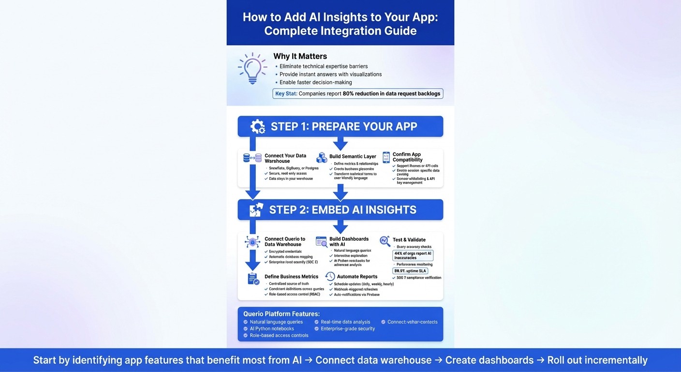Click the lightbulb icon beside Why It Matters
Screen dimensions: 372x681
[252, 68]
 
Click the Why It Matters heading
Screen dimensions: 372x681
[300, 56]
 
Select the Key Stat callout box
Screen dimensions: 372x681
[358, 93]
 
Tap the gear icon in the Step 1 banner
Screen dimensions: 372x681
[258, 127]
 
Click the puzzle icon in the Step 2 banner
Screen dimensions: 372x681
[256, 210]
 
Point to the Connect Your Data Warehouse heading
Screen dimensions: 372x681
[285, 158]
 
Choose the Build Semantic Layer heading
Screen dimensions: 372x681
[352, 156]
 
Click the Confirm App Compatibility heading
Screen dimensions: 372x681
[407, 157]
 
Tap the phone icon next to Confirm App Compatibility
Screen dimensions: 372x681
[386, 157]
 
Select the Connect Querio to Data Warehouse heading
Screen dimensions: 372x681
[285, 242]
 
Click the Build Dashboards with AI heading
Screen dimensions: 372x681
[349, 242]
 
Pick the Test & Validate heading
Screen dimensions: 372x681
[409, 240]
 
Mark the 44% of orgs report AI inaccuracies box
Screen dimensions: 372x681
[413, 255]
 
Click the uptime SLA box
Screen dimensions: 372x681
[410, 271]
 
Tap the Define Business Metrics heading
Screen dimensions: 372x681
[291, 277]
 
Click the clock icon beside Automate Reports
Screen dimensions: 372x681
[330, 277]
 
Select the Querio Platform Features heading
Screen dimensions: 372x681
[281, 314]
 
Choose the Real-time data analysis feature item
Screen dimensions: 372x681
[345, 322]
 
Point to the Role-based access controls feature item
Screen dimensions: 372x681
[279, 335]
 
